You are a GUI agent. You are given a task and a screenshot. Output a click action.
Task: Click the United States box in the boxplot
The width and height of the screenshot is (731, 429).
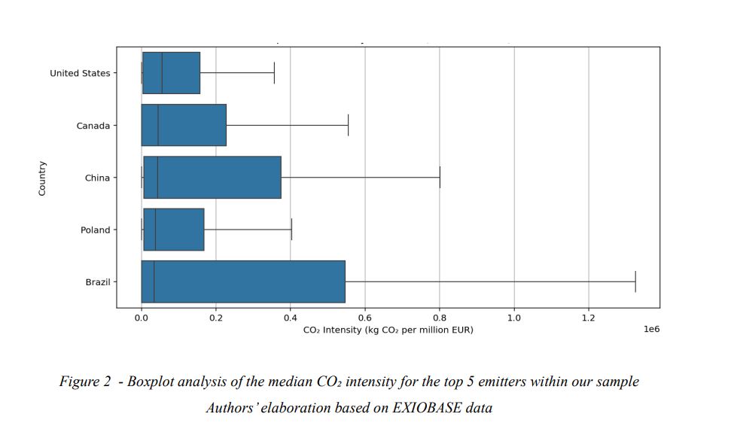(x=171, y=73)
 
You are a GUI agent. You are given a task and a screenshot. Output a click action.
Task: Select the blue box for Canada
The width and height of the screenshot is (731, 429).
(x=184, y=125)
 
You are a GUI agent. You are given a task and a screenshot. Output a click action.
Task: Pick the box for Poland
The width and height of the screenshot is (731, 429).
(x=173, y=230)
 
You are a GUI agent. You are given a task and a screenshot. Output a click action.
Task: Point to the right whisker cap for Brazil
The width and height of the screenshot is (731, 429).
(x=635, y=281)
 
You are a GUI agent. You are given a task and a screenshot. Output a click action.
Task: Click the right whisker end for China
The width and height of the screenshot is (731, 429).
(x=440, y=178)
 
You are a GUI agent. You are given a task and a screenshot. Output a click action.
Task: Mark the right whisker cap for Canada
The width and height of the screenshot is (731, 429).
(x=348, y=125)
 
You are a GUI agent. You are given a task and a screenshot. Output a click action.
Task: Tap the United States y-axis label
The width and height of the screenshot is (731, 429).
(x=80, y=73)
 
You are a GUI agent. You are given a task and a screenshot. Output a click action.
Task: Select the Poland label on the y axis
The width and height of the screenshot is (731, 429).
(x=96, y=230)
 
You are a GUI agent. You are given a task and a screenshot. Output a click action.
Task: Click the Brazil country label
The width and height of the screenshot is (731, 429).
(x=98, y=282)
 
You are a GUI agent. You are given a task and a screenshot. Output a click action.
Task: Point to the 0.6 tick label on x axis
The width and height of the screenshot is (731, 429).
(x=365, y=318)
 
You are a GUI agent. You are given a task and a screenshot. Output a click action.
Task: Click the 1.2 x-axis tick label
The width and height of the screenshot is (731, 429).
(x=589, y=318)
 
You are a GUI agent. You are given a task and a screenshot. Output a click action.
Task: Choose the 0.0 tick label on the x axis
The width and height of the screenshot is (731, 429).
(x=142, y=318)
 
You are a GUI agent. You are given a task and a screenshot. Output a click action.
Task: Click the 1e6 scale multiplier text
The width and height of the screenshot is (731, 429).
(x=652, y=330)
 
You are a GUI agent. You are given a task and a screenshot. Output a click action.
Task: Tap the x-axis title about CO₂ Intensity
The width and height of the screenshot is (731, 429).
(x=388, y=330)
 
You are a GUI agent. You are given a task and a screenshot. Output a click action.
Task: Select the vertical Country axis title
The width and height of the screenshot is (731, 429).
(x=42, y=178)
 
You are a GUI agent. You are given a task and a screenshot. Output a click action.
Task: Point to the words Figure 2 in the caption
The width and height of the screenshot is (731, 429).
(x=85, y=382)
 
